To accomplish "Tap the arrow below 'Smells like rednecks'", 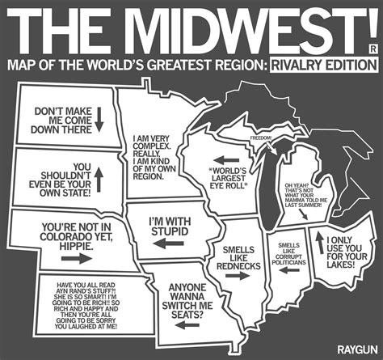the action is point(236,275).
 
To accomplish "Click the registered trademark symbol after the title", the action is point(372,49).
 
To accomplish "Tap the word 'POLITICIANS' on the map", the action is point(290,264).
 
